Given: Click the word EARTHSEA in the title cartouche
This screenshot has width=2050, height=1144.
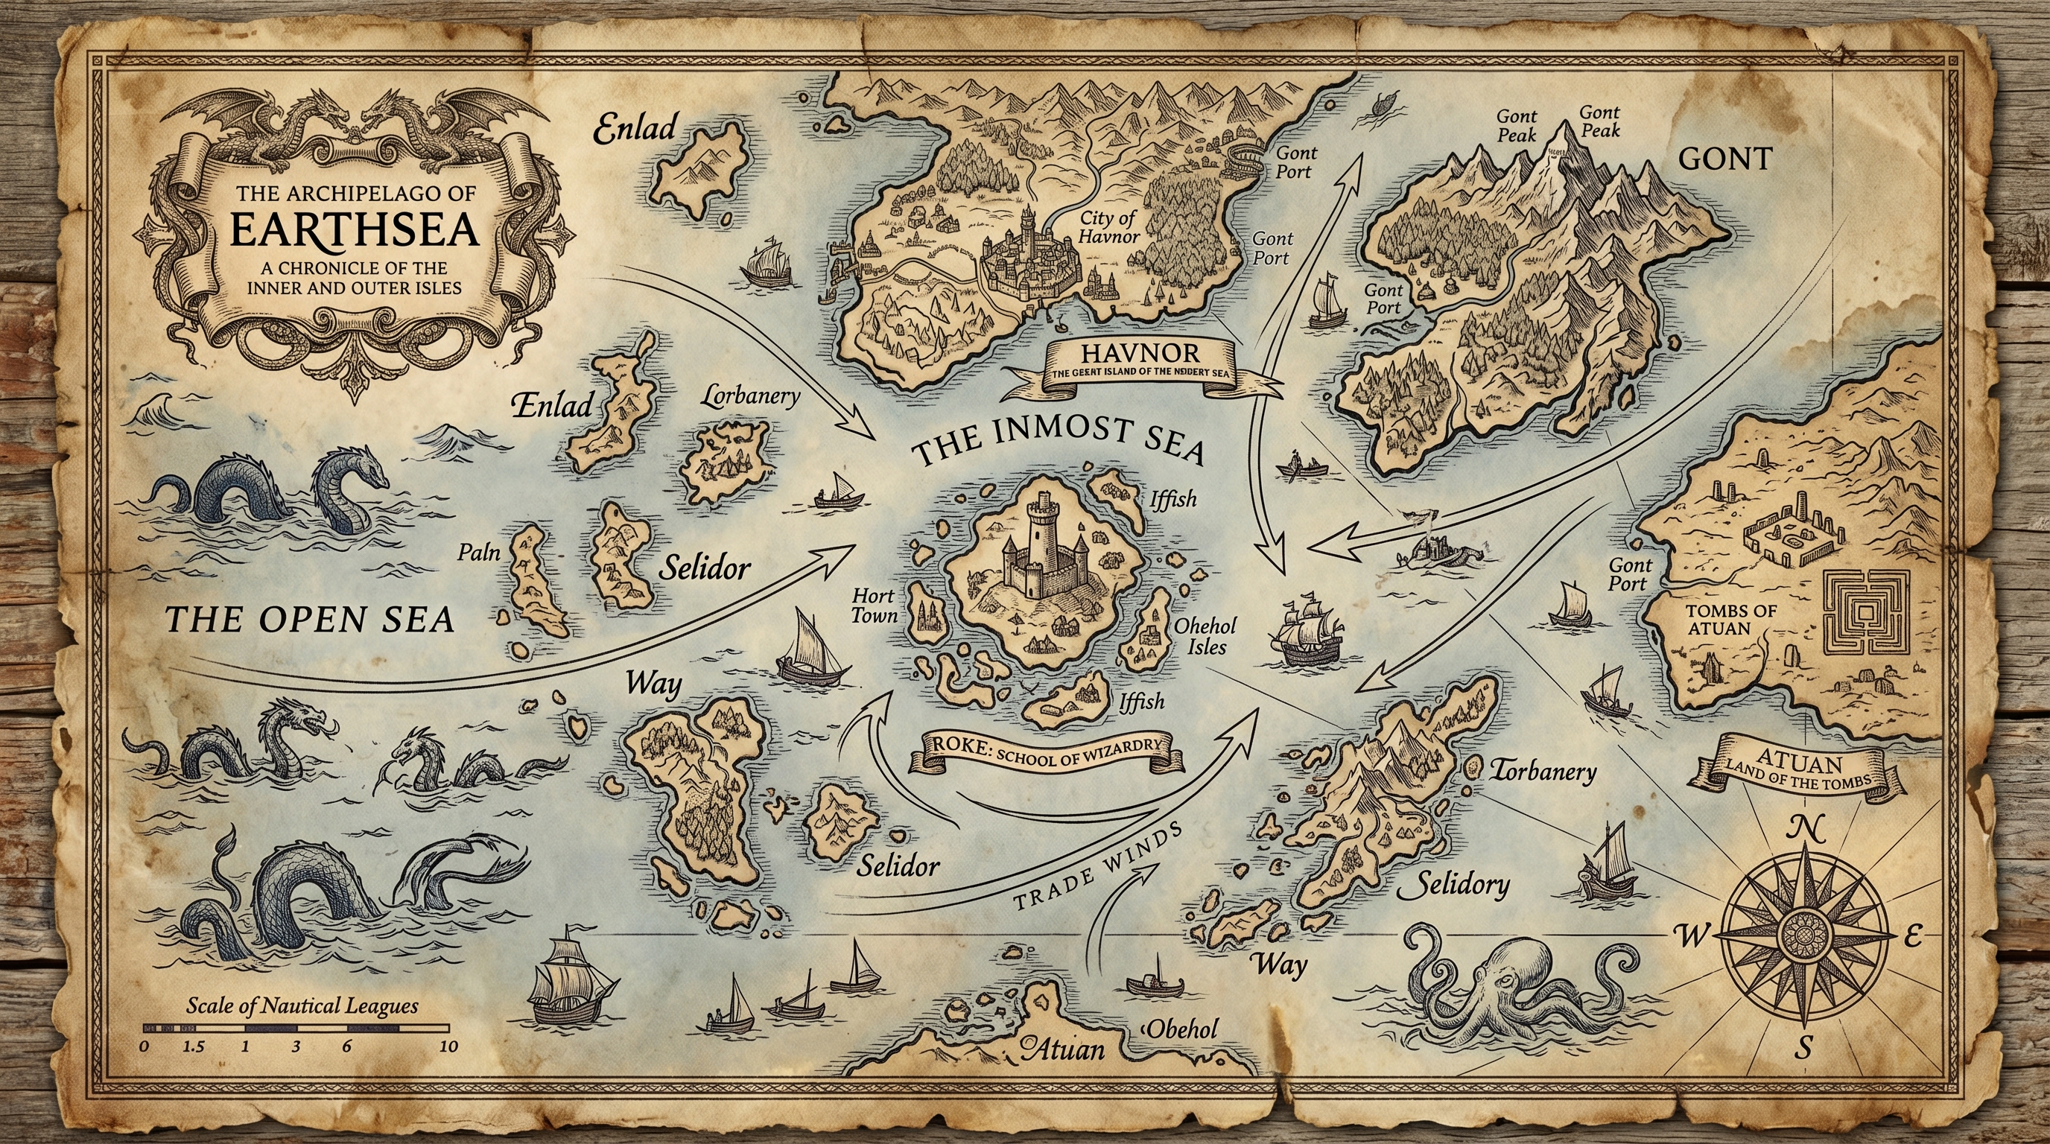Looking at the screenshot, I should click(x=354, y=229).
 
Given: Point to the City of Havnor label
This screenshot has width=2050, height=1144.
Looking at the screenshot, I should click(x=1108, y=226).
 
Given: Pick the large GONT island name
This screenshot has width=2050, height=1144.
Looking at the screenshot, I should click(x=1724, y=159).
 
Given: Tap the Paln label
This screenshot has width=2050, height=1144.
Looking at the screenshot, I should click(x=478, y=551).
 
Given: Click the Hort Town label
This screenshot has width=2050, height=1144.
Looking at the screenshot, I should click(x=874, y=605).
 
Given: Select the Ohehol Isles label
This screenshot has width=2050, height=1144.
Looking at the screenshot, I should click(x=1206, y=635).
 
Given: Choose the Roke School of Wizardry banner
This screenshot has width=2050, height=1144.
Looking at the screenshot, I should click(x=1046, y=751).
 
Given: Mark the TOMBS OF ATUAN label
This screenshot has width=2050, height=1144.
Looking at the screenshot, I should click(x=1719, y=619).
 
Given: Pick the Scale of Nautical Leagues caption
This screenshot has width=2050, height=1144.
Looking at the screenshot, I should click(x=302, y=1005).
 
